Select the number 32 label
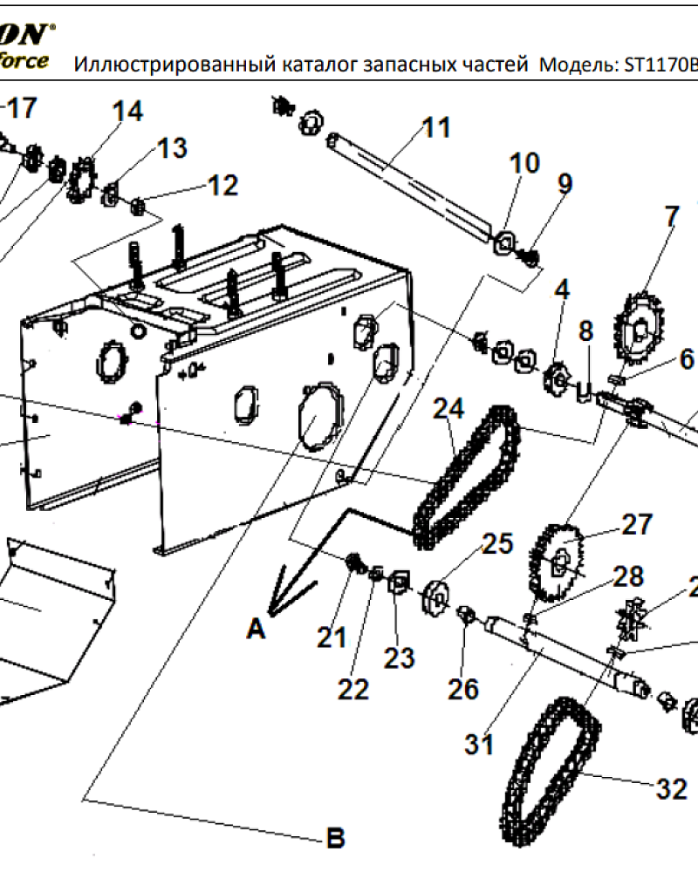click(671, 789)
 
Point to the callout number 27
click(636, 524)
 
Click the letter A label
click(255, 628)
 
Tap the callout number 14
click(127, 111)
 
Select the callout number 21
click(332, 638)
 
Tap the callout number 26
click(463, 689)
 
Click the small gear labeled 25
click(437, 596)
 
